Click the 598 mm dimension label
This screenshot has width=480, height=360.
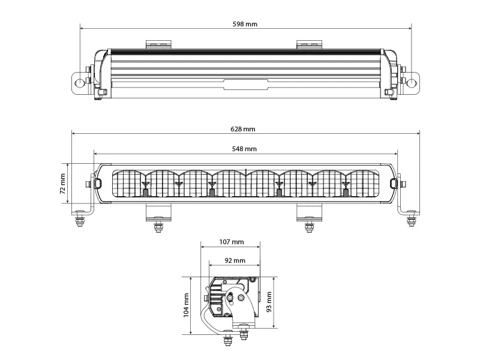245,24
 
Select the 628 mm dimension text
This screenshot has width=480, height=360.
243,129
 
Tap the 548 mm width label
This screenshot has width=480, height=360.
244,149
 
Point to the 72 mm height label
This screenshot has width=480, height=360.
62,184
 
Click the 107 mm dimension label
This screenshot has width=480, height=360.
232,242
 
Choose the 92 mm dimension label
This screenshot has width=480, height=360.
235,260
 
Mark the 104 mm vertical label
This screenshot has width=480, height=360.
186,305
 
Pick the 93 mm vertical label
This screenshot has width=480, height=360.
269,302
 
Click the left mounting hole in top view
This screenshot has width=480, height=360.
80,83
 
